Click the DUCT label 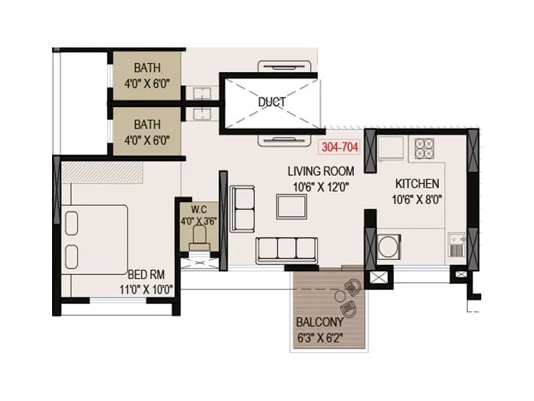(x=272, y=102)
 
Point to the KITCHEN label (x=417, y=183)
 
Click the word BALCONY (x=320, y=322)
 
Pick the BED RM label (x=146, y=275)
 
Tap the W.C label (x=198, y=209)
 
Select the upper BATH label (x=146, y=68)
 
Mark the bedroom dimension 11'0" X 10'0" (x=146, y=289)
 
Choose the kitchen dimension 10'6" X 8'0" (x=417, y=198)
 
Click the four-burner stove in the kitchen (x=425, y=148)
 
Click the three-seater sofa (x=286, y=249)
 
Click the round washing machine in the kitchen (x=389, y=246)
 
